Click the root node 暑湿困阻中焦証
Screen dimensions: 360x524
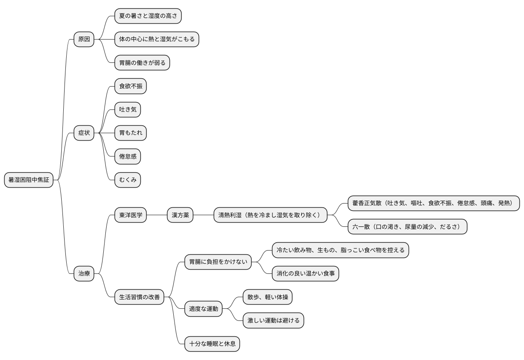[x=29, y=180]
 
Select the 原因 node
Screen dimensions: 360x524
[x=84, y=40]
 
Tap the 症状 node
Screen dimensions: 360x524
[x=84, y=133]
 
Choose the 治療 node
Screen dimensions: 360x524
[x=84, y=273]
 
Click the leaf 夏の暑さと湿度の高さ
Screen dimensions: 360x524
[x=148, y=16]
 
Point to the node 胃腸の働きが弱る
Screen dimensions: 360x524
[x=142, y=63]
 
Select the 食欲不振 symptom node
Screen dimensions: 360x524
[x=130, y=87]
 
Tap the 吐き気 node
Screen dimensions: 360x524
[x=127, y=110]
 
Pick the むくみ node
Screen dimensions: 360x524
[x=127, y=180]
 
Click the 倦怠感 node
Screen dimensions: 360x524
[x=127, y=156]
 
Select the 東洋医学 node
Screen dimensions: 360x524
[x=130, y=215]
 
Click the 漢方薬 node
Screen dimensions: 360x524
[x=180, y=215]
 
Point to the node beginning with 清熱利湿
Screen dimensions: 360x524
[x=270, y=215]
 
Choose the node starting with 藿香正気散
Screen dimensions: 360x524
[x=434, y=204]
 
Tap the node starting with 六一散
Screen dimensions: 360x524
[x=407, y=227]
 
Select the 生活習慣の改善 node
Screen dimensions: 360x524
[x=139, y=297]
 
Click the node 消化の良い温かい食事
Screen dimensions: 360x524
[x=305, y=273]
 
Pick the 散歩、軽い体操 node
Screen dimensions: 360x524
[x=267, y=297]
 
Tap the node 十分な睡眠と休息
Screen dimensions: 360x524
[x=212, y=344]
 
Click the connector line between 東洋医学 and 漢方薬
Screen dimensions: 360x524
[x=157, y=215]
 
